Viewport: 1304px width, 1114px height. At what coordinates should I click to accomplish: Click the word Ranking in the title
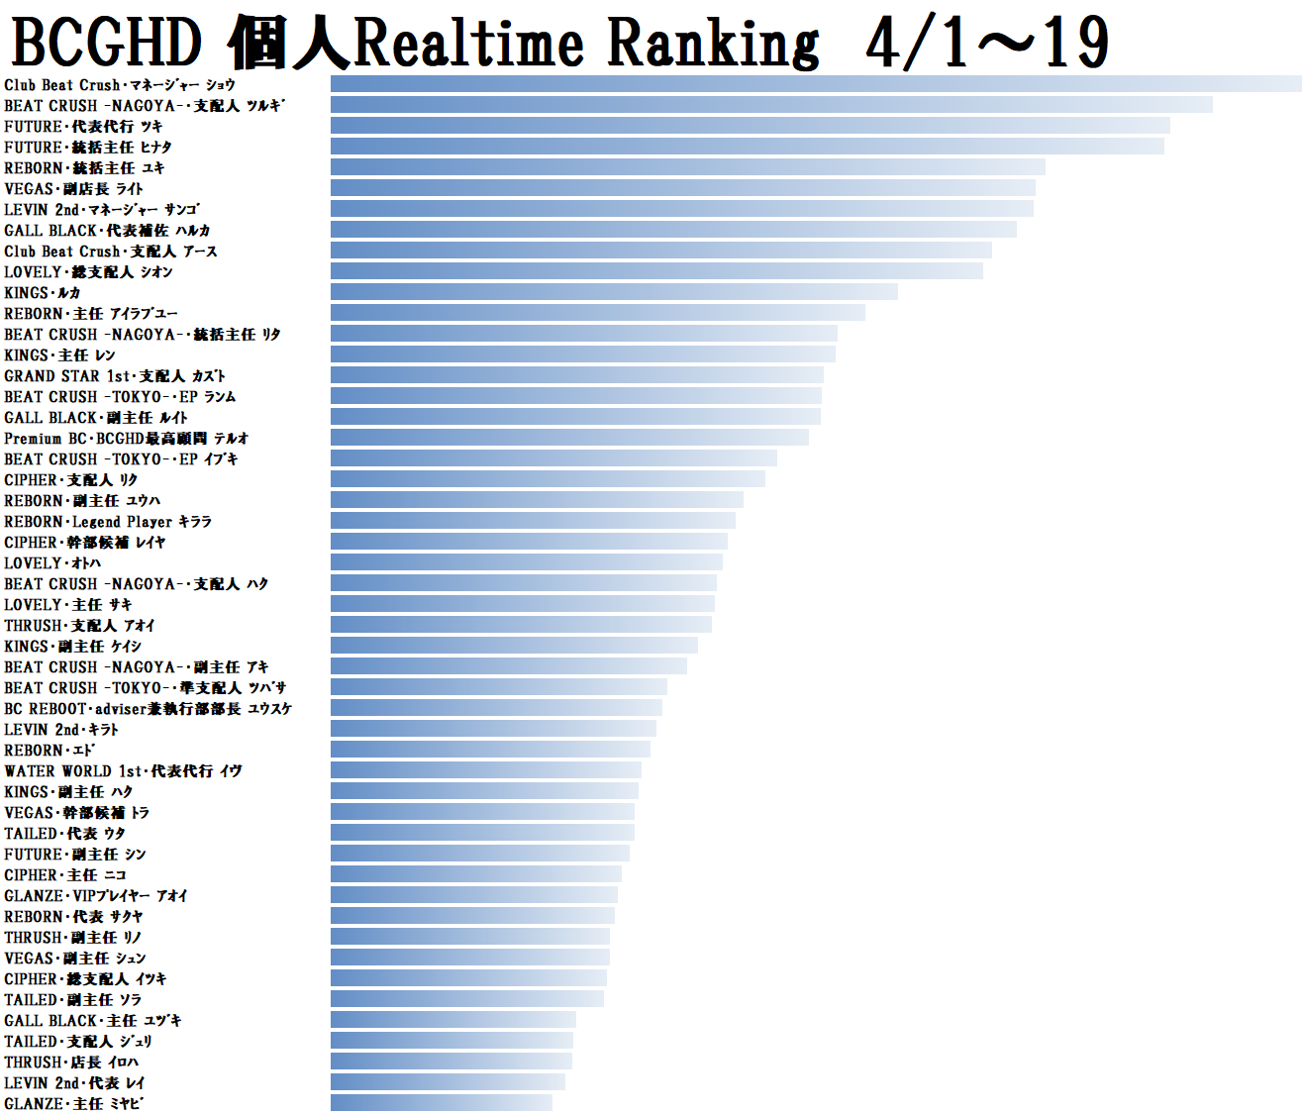713,45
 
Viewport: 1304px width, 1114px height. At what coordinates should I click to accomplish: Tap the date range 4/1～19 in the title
986,45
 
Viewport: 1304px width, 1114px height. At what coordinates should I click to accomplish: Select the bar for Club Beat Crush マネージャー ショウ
816,84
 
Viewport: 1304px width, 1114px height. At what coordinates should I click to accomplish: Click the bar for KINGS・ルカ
614,292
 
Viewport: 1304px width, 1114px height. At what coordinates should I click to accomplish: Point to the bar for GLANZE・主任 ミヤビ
442,1103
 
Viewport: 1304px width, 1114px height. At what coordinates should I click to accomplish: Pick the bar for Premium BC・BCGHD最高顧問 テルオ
569,438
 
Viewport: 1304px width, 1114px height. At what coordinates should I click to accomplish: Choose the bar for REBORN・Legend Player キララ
533,521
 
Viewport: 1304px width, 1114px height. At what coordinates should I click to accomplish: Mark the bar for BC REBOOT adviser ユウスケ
496,708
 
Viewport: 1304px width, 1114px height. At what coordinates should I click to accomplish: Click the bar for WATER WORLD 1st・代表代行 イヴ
486,770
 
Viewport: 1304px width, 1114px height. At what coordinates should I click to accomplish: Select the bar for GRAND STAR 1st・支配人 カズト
577,375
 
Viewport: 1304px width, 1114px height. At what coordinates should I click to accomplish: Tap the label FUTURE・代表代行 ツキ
83,126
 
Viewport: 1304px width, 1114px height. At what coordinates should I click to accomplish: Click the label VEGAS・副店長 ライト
73,188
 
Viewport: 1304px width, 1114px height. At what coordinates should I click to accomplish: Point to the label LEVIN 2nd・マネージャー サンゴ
101,209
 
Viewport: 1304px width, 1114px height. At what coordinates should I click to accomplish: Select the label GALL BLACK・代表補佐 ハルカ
107,230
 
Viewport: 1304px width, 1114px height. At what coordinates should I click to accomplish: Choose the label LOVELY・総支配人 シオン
88,271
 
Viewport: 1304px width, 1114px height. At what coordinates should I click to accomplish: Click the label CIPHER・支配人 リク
71,479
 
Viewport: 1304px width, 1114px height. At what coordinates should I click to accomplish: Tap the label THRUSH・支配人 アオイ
79,625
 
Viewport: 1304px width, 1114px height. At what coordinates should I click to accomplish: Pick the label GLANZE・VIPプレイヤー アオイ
96,895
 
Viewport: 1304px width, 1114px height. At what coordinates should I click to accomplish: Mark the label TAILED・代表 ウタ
64,833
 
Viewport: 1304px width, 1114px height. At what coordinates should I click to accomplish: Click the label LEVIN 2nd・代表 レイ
74,1082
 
